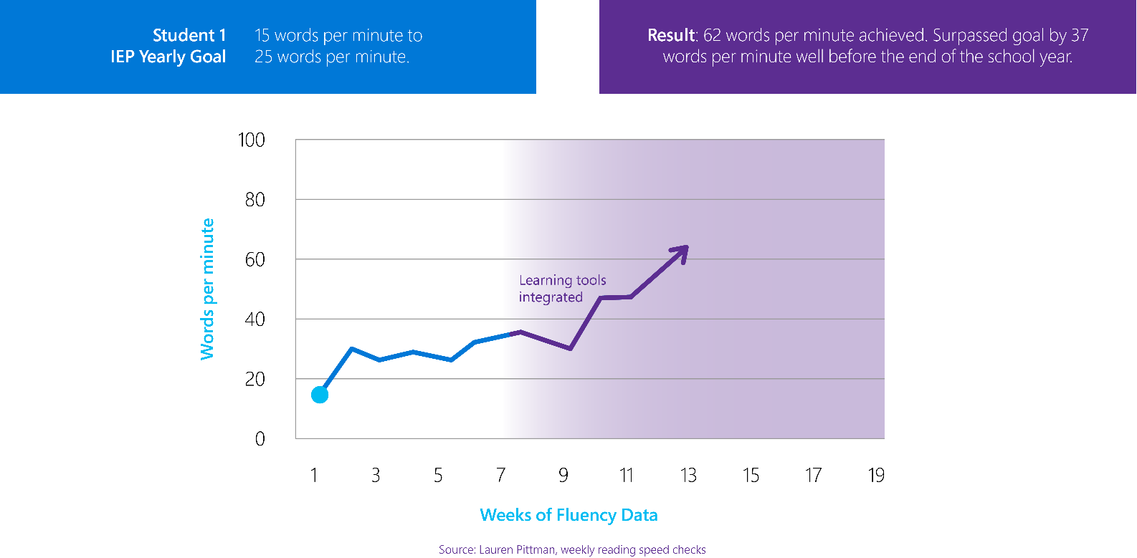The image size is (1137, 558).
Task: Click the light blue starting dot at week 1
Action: pos(320,395)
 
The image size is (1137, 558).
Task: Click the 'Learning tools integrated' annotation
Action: pos(562,289)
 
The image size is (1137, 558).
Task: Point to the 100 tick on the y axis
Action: pos(252,140)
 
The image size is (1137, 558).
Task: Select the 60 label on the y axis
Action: pos(254,259)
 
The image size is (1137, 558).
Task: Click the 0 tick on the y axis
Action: pos(260,438)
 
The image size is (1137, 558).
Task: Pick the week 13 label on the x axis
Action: pos(688,476)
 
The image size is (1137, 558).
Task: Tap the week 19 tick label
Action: pos(876,476)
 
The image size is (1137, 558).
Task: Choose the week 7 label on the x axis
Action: pos(500,476)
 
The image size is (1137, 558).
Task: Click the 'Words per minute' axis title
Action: pos(207,289)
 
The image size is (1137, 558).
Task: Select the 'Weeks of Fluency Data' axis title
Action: pos(568,515)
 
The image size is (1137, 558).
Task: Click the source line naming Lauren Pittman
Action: pos(572,549)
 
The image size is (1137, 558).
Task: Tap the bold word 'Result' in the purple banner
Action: pos(671,35)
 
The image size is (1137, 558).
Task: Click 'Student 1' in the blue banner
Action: pos(189,35)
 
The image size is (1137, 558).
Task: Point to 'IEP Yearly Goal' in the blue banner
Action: pos(168,57)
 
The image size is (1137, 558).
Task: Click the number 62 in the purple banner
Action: pos(712,35)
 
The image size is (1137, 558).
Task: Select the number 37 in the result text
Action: pos(1080,35)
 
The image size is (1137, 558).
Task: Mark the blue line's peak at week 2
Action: pos(351,349)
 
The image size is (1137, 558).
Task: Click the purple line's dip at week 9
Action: pos(570,349)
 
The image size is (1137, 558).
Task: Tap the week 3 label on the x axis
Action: pos(376,476)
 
